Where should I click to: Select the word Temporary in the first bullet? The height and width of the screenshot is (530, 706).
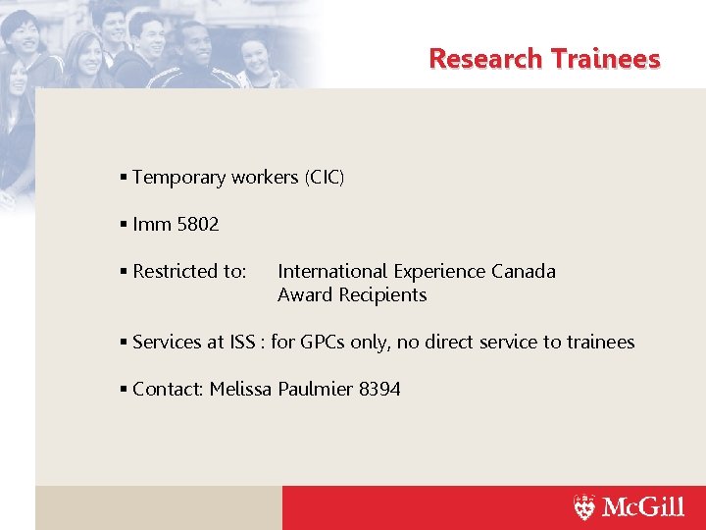click(179, 178)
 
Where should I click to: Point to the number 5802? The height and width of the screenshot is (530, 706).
click(197, 225)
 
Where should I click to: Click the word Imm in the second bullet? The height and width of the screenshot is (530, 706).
click(152, 225)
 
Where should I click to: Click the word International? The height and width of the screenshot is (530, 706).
click(332, 272)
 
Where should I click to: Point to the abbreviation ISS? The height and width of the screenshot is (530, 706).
click(242, 343)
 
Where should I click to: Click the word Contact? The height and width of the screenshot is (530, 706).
click(168, 390)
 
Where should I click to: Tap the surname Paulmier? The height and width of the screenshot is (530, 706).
click(315, 390)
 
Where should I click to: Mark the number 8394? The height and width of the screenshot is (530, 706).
click(379, 390)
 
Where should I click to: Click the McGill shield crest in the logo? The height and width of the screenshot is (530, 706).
click(584, 507)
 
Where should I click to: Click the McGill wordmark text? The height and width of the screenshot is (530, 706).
click(642, 507)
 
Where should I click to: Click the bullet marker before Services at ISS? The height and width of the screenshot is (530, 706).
click(124, 343)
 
